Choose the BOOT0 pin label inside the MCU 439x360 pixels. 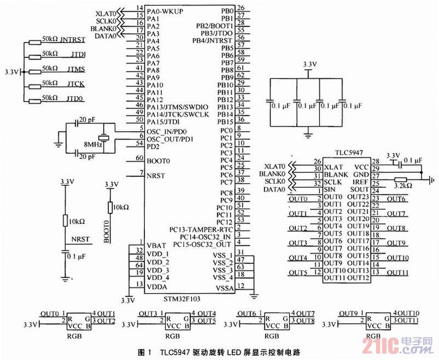tap(159, 161)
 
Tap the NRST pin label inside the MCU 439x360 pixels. tap(157, 175)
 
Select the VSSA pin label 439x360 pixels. tap(224, 286)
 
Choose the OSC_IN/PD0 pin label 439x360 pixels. tap(167, 132)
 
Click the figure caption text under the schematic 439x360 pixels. tap(219, 350)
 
